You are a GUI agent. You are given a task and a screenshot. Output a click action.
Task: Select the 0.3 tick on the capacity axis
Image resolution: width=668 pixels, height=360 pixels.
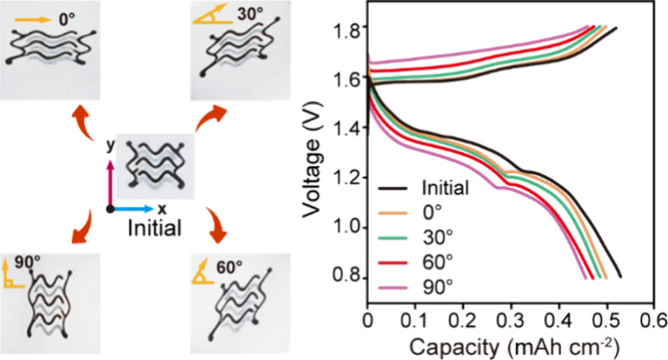[510, 318]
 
